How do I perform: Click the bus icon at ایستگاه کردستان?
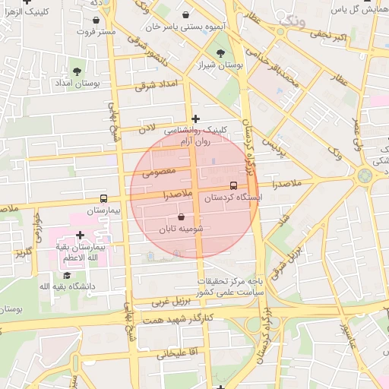[x=233, y=185]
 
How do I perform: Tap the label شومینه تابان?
[x=181, y=229]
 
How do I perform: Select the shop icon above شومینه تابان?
[x=181, y=217]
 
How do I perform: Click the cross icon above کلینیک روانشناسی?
[x=196, y=118]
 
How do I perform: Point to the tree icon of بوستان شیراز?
[x=220, y=53]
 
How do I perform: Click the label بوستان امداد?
[x=74, y=82]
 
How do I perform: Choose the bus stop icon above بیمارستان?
[x=104, y=198]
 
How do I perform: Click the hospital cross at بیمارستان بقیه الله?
[x=80, y=236]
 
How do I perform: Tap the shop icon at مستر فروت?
[x=99, y=21]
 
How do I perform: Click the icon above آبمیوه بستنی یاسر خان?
[x=187, y=14]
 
